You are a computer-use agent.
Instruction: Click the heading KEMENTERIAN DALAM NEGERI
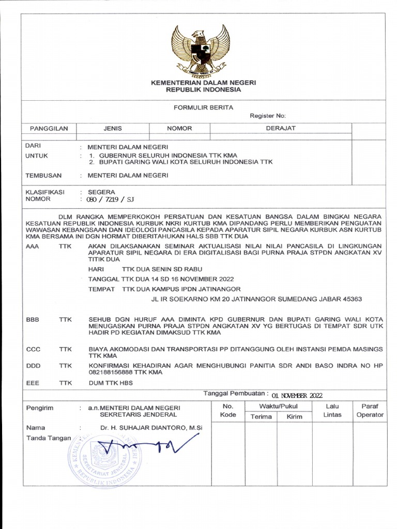tap(203, 83)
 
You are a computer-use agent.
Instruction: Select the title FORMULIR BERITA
tap(203, 107)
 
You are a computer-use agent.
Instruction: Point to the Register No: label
tap(267, 116)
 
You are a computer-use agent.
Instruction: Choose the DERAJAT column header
tap(280, 128)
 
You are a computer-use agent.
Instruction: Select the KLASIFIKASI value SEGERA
tap(102, 192)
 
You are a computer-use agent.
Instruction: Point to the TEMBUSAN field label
tap(43, 175)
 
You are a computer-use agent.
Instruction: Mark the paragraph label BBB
tap(32, 320)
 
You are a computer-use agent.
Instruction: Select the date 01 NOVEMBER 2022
tap(297, 396)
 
